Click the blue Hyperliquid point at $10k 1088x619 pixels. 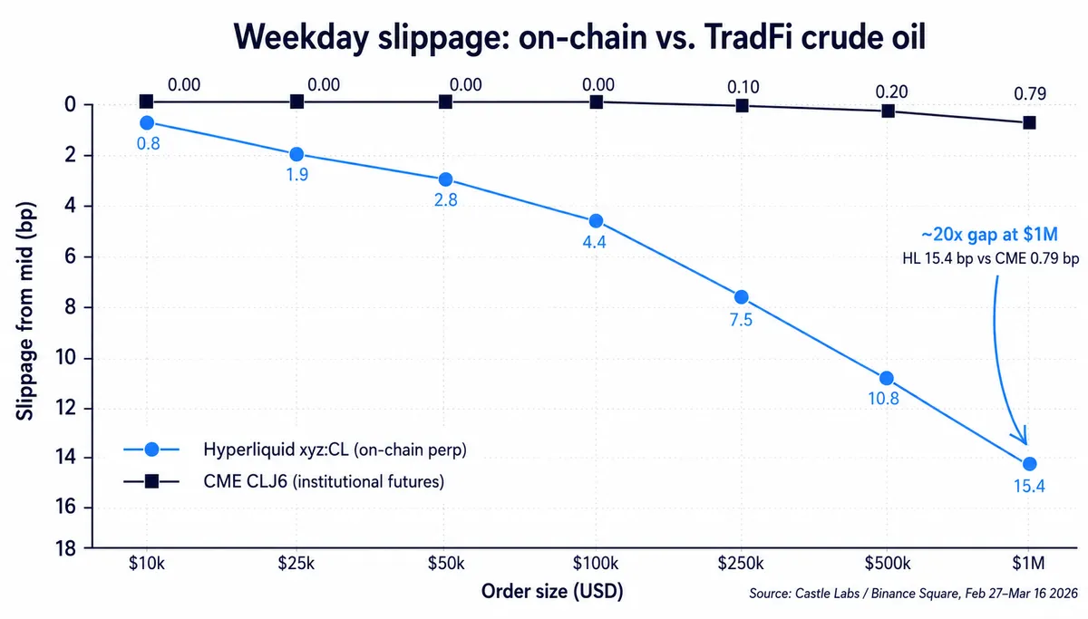(147, 123)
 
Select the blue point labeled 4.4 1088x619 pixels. (596, 221)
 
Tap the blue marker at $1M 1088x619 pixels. (1029, 464)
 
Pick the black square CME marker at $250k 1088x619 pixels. (742, 105)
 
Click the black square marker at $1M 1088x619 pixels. (1029, 122)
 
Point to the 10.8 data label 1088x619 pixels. (883, 399)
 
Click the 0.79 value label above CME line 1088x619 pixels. (1030, 93)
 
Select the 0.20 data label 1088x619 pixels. (891, 92)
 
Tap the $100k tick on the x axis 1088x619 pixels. (596, 563)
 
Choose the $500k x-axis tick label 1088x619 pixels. (887, 563)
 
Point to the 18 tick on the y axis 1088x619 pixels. (65, 548)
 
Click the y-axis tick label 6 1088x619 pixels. (71, 256)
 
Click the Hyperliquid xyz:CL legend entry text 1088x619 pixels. (335, 450)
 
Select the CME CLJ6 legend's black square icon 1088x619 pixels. (151, 481)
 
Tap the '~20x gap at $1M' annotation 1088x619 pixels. (989, 235)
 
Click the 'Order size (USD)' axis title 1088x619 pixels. (552, 591)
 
